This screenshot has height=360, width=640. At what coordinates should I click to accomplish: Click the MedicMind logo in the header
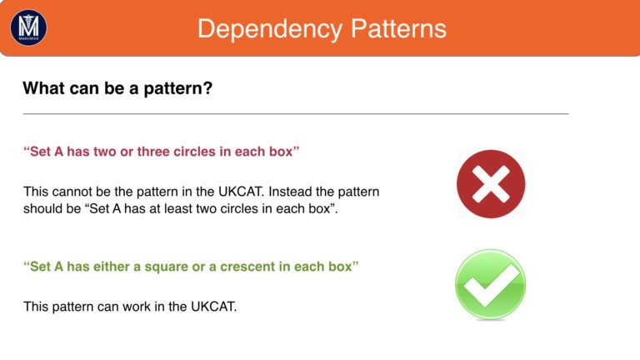[28, 27]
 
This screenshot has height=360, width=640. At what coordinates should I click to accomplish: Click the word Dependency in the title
[270, 29]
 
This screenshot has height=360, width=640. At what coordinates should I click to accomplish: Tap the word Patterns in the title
[398, 28]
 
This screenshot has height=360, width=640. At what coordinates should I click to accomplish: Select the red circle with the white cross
[491, 183]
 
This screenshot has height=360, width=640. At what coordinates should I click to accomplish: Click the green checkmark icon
[491, 284]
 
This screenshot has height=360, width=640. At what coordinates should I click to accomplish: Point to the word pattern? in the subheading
[178, 89]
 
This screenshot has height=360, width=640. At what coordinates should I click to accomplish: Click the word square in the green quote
[167, 267]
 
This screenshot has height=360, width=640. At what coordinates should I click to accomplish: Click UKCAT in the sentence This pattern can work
[214, 307]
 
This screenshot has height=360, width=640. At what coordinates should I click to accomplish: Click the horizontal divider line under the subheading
[296, 114]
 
